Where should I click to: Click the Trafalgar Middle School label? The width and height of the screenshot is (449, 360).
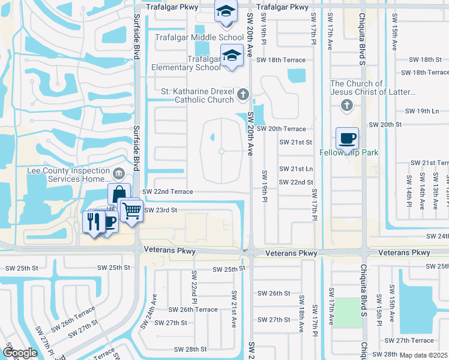tap(191, 37)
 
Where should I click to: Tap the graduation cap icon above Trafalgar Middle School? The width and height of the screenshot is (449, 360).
tap(226, 12)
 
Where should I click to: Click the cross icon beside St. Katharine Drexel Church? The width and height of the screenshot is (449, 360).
tap(243, 94)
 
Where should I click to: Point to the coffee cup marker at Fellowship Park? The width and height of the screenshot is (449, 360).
tap(347, 139)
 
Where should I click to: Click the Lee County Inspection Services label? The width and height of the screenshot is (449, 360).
tap(69, 175)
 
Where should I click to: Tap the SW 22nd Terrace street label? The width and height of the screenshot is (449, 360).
tap(167, 191)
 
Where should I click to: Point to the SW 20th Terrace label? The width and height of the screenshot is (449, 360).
tap(281, 129)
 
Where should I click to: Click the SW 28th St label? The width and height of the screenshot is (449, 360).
tap(190, 349)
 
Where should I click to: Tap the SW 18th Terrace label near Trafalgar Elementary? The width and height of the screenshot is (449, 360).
tap(281, 60)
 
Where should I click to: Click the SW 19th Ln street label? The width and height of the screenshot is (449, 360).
tap(422, 111)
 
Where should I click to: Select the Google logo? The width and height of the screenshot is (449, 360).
tap(19, 353)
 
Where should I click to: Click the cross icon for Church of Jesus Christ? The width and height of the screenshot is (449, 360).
tap(346, 106)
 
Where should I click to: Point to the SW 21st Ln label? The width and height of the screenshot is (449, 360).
tap(297, 169)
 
